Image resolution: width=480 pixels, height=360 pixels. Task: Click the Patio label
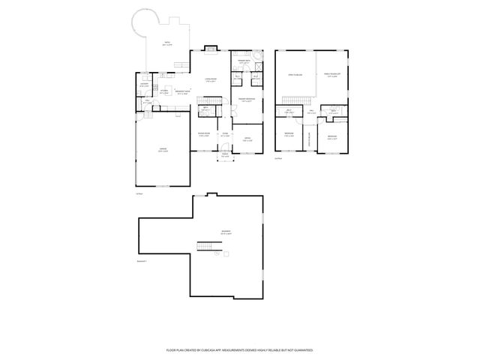coord(167,44)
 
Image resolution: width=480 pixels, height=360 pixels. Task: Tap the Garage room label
coord(162,150)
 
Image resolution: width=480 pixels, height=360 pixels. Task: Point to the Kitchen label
coord(163,90)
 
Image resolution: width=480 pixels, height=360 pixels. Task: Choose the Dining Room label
coord(204,136)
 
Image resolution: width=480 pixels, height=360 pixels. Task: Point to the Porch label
coord(225,157)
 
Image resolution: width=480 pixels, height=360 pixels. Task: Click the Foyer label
coord(225,136)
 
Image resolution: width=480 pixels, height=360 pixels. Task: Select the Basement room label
coord(226,232)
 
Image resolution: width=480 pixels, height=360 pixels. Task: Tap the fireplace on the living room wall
coord(212,51)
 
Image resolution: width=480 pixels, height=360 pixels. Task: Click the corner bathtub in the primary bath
coord(257,58)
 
